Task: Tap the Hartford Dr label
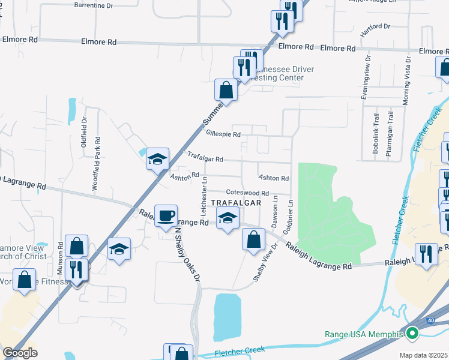point(376,27)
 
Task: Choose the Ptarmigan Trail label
point(390,134)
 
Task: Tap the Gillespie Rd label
point(223,134)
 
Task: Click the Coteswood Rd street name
point(247,193)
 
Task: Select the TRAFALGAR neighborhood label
point(235,203)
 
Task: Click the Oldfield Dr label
point(84,131)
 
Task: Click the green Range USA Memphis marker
point(412,334)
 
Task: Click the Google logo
point(20,353)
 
